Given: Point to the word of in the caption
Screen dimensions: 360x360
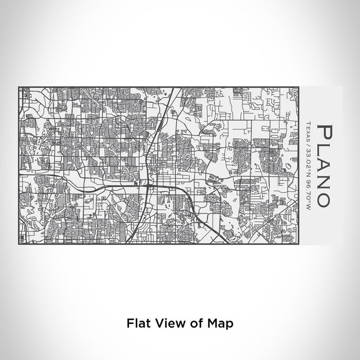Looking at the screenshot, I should tap(191, 323).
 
